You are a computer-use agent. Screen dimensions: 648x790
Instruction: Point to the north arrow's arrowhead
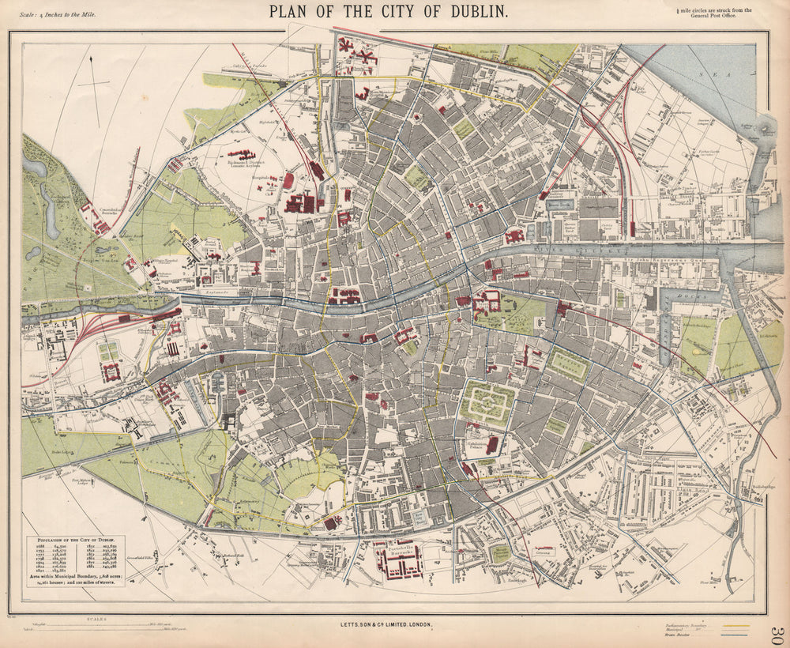pos(92,60)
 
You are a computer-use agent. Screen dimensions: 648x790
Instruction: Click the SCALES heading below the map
pos(98,619)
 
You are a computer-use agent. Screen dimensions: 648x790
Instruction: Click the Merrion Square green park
pos(568,366)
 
